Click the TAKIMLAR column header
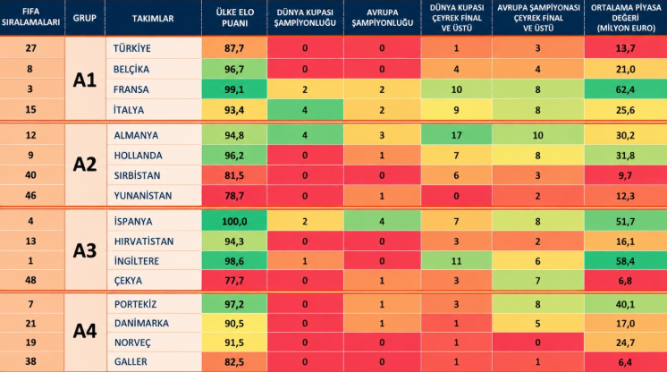(153, 18)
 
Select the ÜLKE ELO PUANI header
(234, 18)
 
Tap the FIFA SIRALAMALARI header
(30, 17)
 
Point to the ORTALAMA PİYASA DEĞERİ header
(625, 18)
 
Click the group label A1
(85, 80)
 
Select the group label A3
(85, 250)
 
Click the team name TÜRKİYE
(131, 48)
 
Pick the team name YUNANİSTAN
(143, 196)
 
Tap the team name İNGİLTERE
(137, 261)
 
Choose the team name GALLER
(131, 362)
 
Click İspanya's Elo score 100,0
(234, 222)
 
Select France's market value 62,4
(625, 89)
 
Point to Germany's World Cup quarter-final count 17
(456, 135)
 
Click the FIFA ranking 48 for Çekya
(30, 280)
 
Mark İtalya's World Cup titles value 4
(305, 110)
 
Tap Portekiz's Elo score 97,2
(234, 304)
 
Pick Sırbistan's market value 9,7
(625, 175)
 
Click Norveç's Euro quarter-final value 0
(537, 342)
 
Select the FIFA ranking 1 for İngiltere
(30, 260)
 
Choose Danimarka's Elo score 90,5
(234, 324)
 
